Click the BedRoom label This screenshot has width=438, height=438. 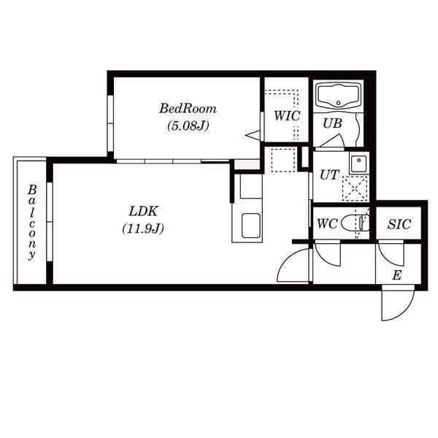188,109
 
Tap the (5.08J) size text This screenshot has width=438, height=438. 188,126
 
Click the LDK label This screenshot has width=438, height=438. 143,211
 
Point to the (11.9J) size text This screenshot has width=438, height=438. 143,228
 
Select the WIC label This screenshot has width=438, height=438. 287,116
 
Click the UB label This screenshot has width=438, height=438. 332,123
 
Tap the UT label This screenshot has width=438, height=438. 330,175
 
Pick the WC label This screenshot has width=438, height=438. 327,223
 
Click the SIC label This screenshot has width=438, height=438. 399,224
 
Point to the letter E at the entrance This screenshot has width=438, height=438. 396,275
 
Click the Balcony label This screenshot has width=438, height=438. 32,223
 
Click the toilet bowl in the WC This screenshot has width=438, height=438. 355,223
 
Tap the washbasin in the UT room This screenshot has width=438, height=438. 358,164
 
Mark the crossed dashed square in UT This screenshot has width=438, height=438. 355,188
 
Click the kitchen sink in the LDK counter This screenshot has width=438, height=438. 251,226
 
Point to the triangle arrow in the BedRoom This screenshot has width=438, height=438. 253,135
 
